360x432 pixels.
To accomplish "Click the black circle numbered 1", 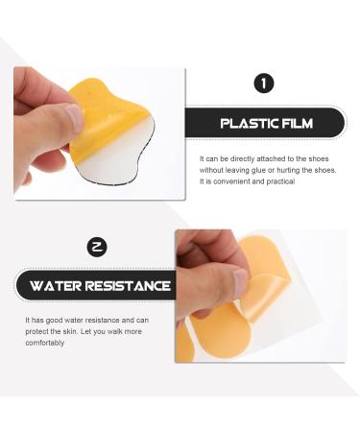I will pyautogui.click(x=263, y=84).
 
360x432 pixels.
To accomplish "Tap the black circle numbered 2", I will pyautogui.click(x=96, y=248).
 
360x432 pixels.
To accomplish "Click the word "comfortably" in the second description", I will pyautogui.click(x=44, y=343).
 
